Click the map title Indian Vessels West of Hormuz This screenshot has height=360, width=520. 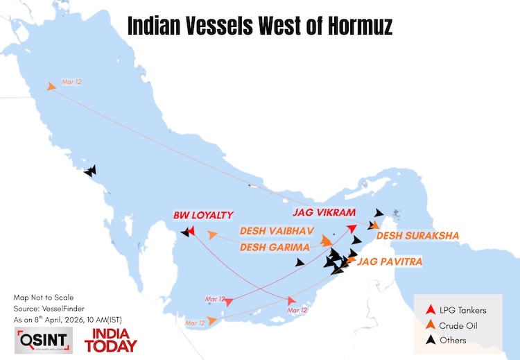[260, 26]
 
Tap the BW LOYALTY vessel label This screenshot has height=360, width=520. [203, 215]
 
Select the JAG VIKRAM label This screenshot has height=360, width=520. [324, 212]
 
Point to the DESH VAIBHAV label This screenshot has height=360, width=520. [277, 230]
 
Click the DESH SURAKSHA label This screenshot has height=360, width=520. [417, 236]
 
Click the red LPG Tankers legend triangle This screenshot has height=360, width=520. [431, 310]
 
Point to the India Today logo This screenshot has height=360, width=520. [110, 340]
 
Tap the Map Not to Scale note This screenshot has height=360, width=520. [43, 297]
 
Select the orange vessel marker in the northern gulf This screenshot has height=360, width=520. [51, 86]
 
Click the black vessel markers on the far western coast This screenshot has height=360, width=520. [89, 171]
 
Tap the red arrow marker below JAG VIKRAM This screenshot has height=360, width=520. [352, 229]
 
